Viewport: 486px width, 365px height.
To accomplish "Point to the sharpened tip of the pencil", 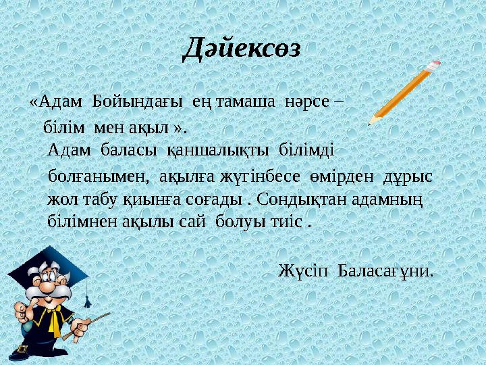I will pos(371,122).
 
